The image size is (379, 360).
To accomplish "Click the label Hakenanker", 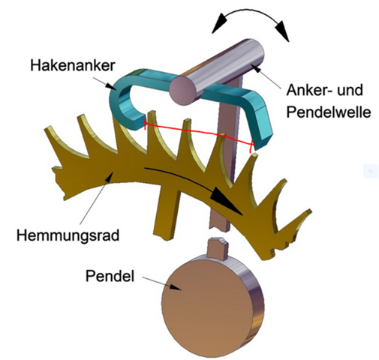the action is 73,66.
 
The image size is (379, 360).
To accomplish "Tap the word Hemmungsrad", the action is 68,235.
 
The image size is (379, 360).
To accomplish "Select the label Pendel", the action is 110,276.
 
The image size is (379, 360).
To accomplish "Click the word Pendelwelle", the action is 328,112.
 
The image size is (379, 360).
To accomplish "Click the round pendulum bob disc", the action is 212,306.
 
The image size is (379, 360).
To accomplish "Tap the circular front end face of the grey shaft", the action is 183,90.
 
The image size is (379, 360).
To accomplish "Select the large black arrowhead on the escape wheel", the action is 227,201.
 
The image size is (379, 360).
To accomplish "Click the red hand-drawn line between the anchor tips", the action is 198,131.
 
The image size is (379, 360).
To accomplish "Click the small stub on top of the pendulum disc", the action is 218,248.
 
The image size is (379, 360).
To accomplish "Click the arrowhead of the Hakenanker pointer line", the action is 110,85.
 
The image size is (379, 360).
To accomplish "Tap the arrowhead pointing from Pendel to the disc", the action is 176,287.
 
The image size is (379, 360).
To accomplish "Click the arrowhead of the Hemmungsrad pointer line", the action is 110,177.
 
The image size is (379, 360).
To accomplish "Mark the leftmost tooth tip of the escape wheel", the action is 47,130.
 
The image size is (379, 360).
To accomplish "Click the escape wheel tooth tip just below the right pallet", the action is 254,155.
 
